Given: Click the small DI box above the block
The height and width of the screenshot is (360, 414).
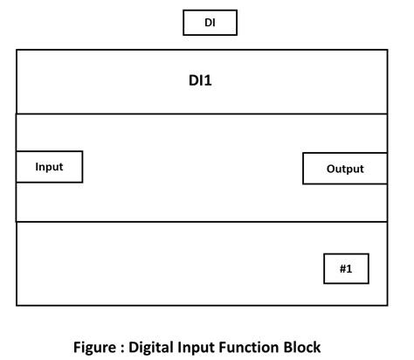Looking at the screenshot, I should [x=210, y=23].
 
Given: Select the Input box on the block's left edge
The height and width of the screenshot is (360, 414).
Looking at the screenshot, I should [x=49, y=166].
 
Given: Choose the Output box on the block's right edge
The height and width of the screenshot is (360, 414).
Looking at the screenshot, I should [x=345, y=169].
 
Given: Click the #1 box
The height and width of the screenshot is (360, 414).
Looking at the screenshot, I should [x=346, y=268].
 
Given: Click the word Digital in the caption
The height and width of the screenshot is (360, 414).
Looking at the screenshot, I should [x=162, y=346].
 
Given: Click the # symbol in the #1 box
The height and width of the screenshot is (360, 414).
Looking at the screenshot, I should [x=341, y=268].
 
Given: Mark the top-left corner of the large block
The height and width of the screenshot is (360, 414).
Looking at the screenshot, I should [x=17, y=50].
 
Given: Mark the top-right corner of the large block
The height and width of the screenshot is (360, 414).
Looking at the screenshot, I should [x=386, y=50].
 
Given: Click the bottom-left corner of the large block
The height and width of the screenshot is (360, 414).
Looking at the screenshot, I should [x=17, y=305].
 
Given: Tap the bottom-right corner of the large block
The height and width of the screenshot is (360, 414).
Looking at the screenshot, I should [x=386, y=305].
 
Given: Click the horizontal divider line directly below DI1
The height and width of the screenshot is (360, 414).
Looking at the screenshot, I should [x=201, y=114].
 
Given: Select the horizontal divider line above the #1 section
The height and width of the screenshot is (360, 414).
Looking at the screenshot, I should [x=201, y=222].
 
